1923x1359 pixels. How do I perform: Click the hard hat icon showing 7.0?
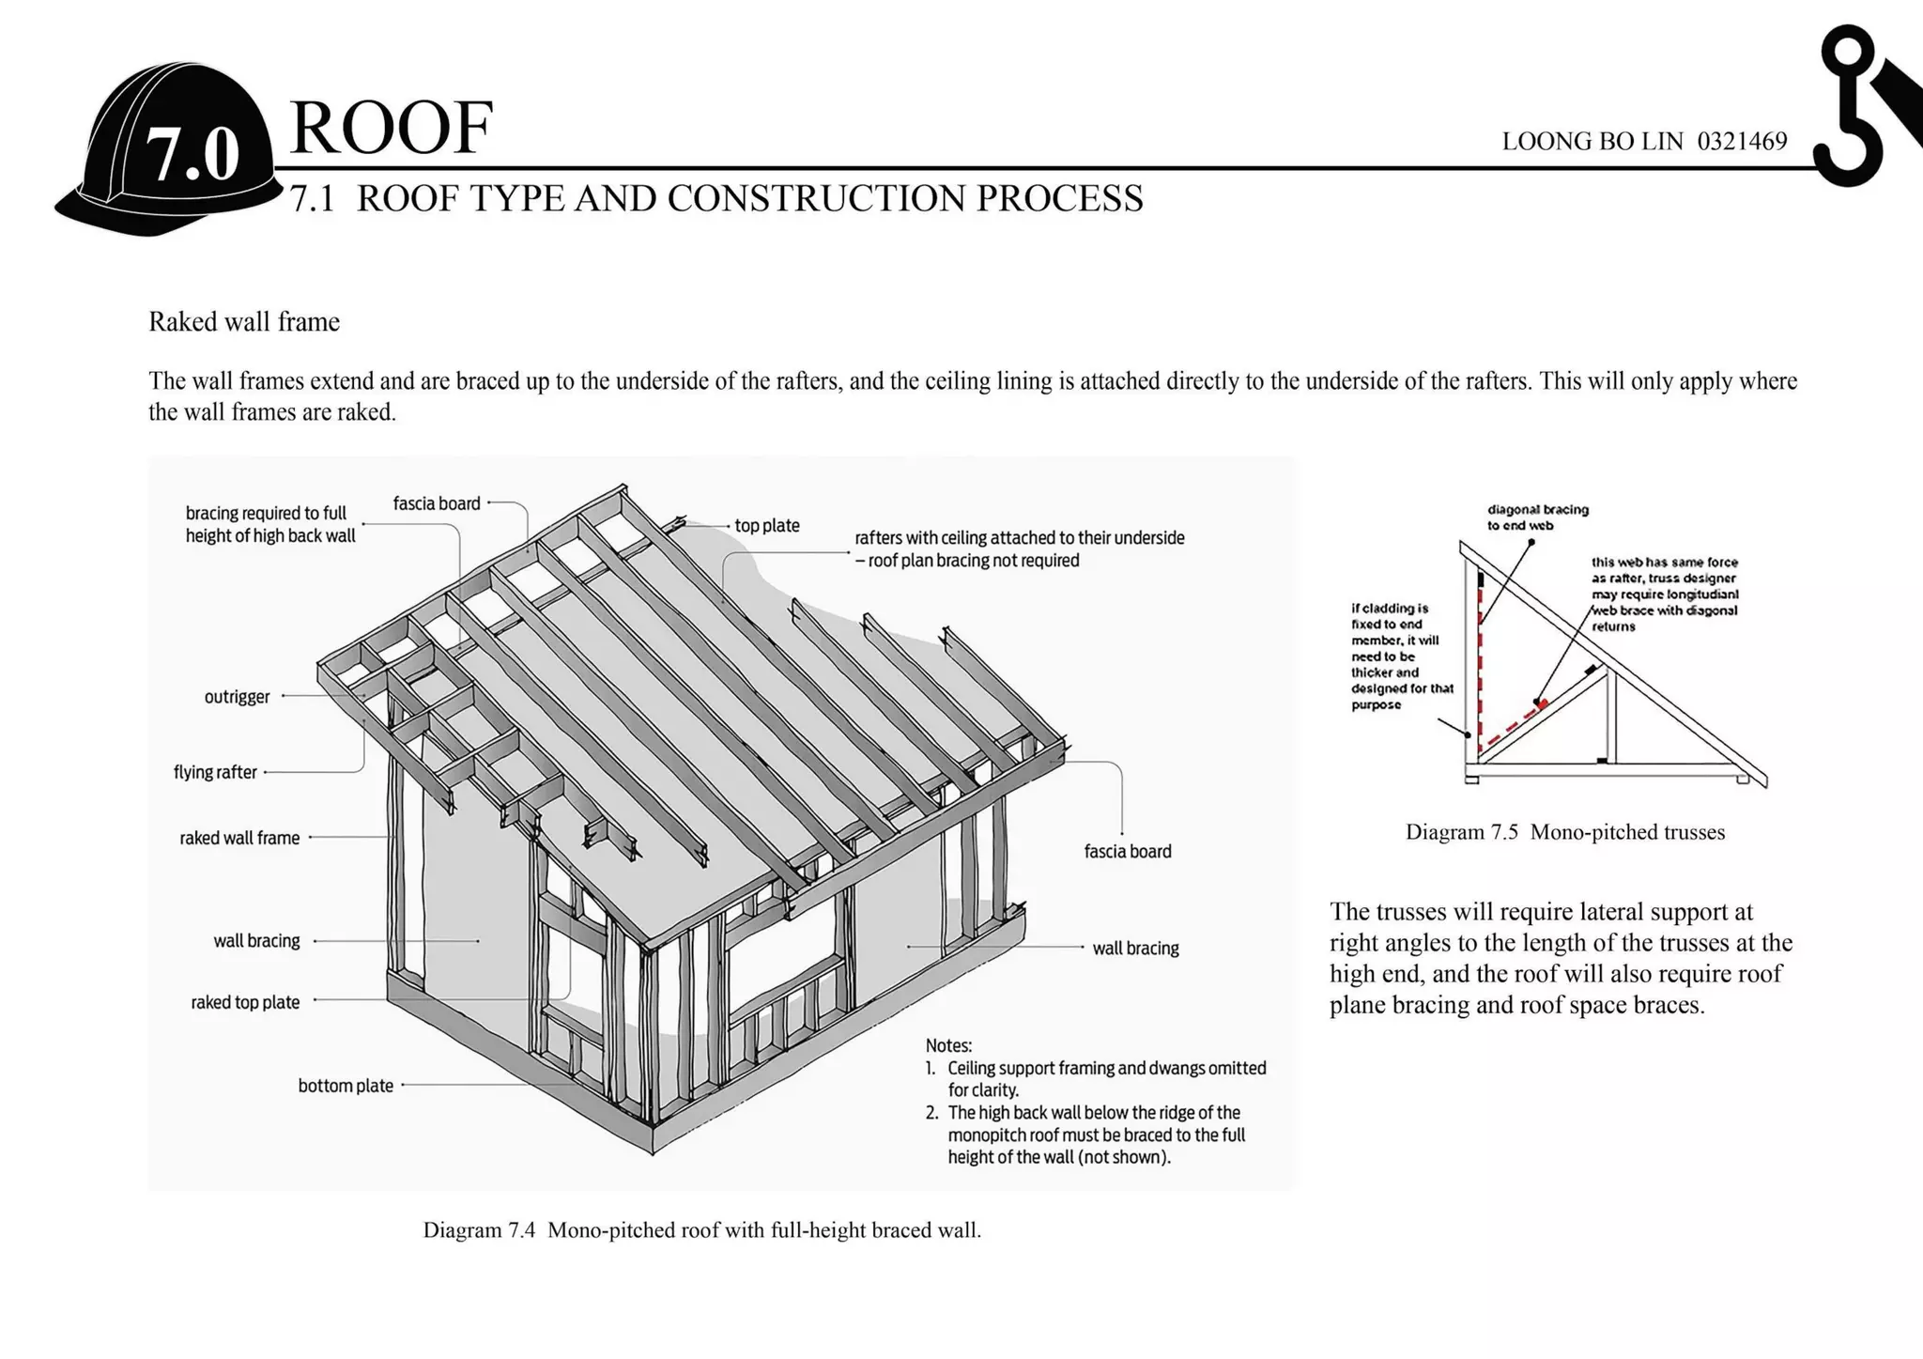coord(169,150)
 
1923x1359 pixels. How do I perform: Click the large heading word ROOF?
coord(391,128)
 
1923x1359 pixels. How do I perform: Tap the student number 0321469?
coord(1742,142)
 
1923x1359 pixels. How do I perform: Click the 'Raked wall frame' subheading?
coord(244,322)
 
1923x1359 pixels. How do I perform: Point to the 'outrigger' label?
coord(237,697)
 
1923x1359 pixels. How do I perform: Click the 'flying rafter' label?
coord(215,772)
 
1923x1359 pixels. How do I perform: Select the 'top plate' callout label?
coord(767,526)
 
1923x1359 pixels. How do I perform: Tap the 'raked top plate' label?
coord(245,1002)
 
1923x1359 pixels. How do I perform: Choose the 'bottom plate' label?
coord(346,1086)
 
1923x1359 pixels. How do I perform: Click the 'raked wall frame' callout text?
coord(239,838)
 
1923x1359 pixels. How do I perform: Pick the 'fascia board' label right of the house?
coord(1128,852)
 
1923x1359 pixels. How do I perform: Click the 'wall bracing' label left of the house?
coord(256,941)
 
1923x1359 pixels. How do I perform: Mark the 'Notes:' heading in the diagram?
coord(948,1045)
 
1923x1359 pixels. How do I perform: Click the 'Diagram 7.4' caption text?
coord(701,1230)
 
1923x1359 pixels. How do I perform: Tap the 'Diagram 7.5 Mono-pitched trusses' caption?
coord(1564,832)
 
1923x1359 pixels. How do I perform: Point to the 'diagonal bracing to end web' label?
coord(1537,517)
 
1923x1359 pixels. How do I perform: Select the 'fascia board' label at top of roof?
coord(437,503)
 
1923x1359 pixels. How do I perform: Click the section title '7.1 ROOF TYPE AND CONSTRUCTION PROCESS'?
coord(716,199)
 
